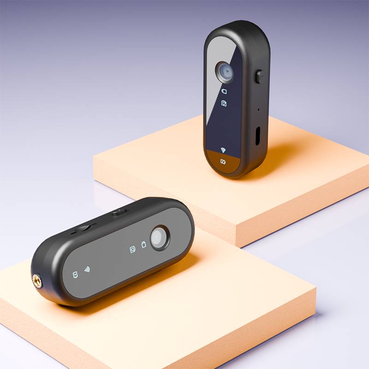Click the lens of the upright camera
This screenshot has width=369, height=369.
click(225, 71)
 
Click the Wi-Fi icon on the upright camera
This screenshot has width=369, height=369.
click(223, 150)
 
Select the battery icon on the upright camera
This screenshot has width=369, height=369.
click(223, 161)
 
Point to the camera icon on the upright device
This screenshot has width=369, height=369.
click(224, 103)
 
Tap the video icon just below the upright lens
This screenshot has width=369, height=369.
click(224, 91)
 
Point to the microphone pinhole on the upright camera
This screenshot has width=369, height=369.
click(258, 109)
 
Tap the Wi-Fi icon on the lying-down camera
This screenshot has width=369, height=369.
click(87, 269)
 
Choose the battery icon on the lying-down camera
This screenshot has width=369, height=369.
click(75, 275)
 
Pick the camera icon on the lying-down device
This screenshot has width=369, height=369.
click(132, 250)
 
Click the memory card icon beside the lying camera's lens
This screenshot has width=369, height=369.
click(143, 244)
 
